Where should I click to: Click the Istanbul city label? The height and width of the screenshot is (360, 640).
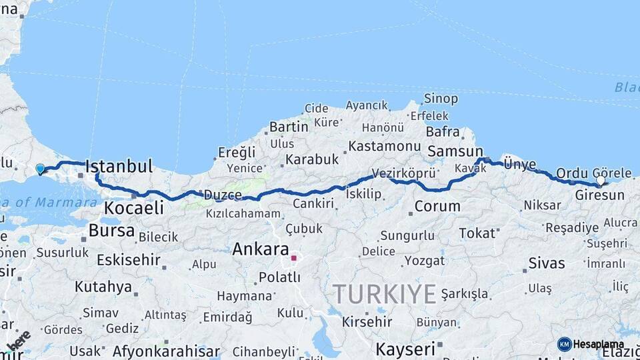pyautogui.click(x=119, y=167)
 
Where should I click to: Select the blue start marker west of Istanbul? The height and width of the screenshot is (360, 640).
pyautogui.click(x=40, y=169)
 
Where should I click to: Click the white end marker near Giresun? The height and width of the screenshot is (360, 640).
pyautogui.click(x=601, y=181)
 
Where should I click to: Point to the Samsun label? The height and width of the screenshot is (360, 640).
pyautogui.click(x=455, y=151)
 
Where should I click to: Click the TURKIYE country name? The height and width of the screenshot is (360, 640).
pyautogui.click(x=385, y=293)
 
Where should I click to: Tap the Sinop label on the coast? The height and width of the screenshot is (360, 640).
pyautogui.click(x=441, y=99)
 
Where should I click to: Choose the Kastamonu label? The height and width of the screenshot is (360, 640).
pyautogui.click(x=385, y=145)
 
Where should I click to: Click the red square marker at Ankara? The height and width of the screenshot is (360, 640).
pyautogui.click(x=293, y=257)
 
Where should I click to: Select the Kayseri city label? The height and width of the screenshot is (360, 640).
pyautogui.click(x=405, y=348)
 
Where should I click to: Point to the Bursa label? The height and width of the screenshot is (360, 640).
pyautogui.click(x=111, y=231)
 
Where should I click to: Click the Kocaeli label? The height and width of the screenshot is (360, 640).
pyautogui.click(x=133, y=208)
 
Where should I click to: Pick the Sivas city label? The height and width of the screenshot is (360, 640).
pyautogui.click(x=547, y=263)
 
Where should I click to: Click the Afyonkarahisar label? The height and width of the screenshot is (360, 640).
pyautogui.click(x=166, y=351)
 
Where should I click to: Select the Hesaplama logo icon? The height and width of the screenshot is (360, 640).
pyautogui.click(x=565, y=344)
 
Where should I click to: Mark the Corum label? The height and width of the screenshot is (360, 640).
pyautogui.click(x=437, y=206)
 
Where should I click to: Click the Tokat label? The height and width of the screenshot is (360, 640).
pyautogui.click(x=477, y=233)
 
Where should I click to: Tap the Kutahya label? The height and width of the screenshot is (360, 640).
pyautogui.click(x=103, y=287)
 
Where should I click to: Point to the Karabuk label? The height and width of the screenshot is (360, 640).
pyautogui.click(x=313, y=160)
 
